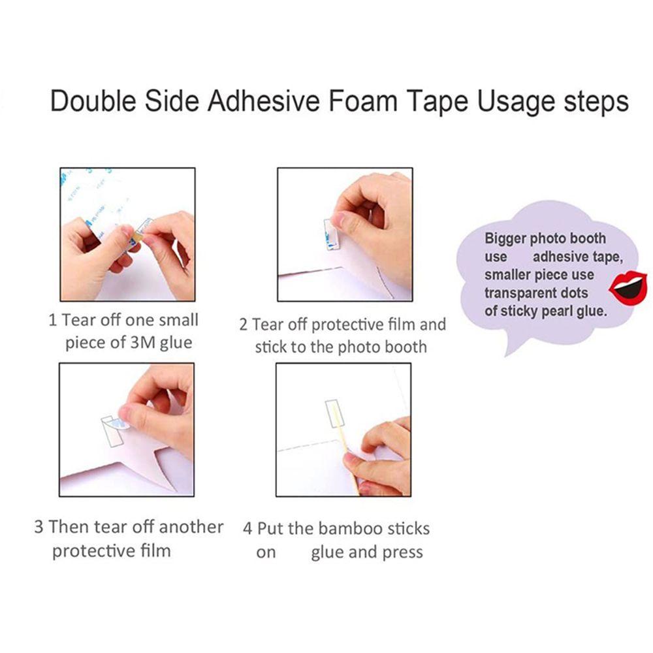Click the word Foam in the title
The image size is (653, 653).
tap(362, 101)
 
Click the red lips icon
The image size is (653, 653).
tap(628, 286)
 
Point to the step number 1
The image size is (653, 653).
tap(52, 320)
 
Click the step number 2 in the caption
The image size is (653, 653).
tap(243, 325)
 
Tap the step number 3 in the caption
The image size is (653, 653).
tap(39, 527)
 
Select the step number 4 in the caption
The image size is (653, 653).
tap(247, 529)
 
